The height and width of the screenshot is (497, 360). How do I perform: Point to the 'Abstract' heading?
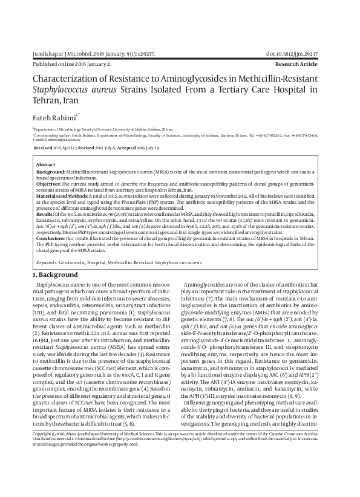point(46,164)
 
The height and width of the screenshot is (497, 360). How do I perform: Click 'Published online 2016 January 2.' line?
point(72,63)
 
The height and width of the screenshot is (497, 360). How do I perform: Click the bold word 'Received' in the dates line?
point(43,147)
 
